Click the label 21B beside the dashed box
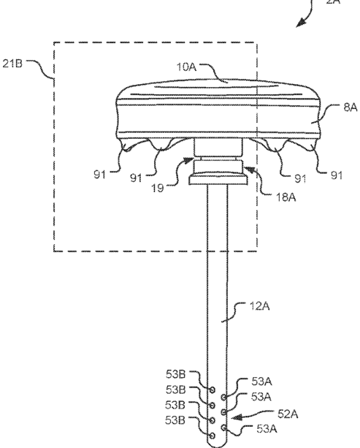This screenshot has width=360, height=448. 12,64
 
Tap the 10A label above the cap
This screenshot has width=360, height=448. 186,67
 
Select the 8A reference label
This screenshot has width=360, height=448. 351,107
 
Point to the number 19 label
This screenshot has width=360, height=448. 157,188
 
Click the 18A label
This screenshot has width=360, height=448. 286,197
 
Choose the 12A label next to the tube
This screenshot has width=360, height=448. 259,306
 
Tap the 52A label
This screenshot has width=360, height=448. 288,414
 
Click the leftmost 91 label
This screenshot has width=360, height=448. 100,174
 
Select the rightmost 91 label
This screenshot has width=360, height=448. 337,175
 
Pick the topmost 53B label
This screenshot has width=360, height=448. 175,374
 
